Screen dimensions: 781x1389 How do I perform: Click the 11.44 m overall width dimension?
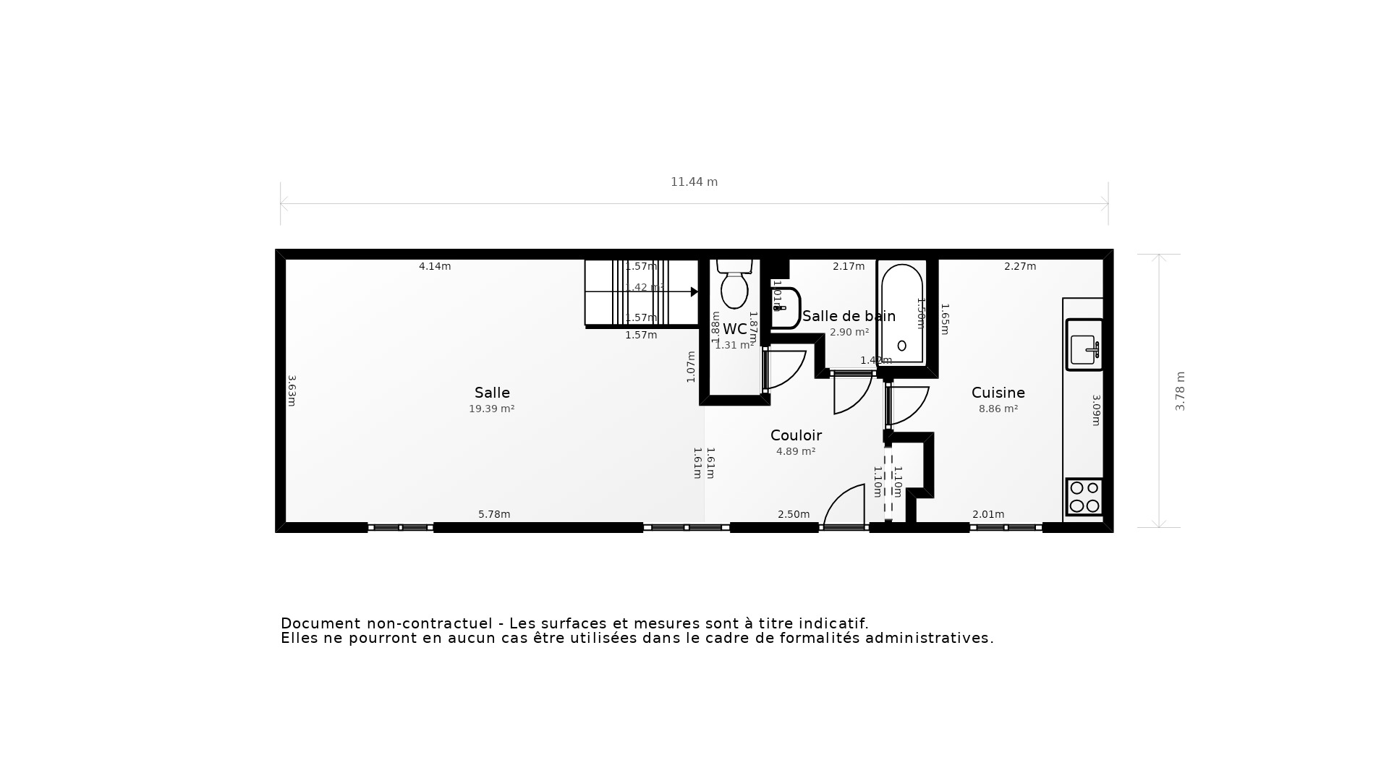694,182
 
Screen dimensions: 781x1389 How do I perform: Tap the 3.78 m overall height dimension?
1180,391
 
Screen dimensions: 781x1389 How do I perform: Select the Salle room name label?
492,393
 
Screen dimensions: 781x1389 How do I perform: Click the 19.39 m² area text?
491,409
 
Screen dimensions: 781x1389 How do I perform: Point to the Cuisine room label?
998,393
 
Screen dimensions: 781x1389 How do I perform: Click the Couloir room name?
796,435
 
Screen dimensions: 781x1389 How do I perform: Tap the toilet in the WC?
734,286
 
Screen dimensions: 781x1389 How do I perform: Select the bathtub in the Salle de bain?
901,312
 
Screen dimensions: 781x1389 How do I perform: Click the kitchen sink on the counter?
1084,346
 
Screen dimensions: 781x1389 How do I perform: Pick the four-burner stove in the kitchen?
1084,497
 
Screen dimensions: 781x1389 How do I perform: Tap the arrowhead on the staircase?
694,292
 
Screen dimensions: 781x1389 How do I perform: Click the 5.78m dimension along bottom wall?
494,514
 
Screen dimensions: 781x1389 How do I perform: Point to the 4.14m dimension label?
435,266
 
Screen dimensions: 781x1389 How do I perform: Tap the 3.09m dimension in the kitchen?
1096,410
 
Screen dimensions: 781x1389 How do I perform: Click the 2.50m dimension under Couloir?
794,514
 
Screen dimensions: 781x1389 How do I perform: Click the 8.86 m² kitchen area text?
998,409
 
